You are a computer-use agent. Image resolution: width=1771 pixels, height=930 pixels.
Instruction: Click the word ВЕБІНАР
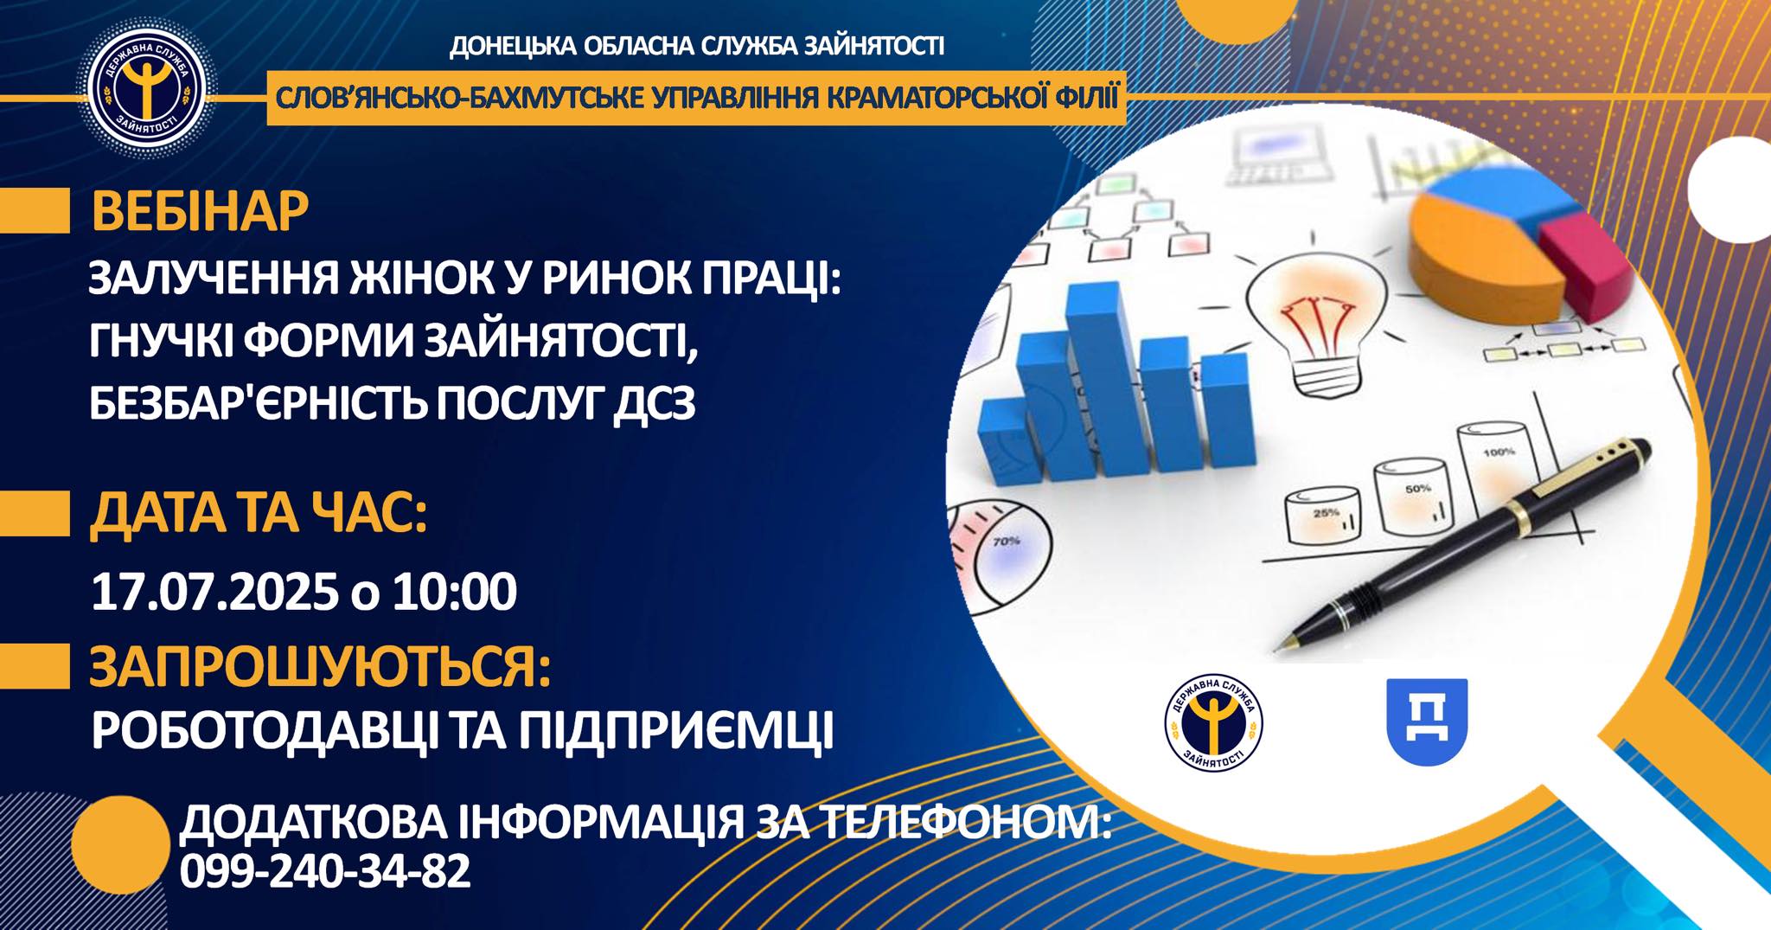(200, 212)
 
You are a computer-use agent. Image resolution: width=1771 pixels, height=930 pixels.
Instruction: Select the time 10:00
(455, 593)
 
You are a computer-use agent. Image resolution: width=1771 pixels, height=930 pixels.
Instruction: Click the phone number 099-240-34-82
(325, 871)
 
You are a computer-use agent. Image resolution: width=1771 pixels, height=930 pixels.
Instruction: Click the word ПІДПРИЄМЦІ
(676, 732)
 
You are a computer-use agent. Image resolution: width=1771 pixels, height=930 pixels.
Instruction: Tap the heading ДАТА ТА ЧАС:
(259, 514)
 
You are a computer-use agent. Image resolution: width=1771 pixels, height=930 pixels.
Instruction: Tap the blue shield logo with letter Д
(1427, 722)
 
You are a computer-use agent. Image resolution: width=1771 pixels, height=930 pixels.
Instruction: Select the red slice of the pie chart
(1587, 260)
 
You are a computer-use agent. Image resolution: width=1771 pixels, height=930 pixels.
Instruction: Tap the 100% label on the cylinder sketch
(1499, 452)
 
